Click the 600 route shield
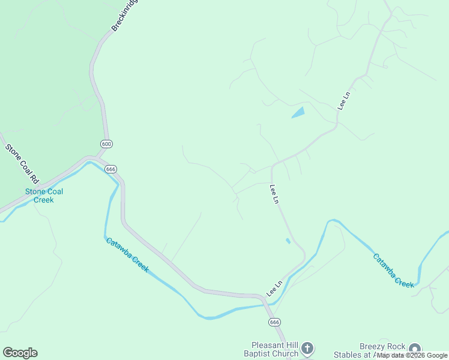coord(106,144)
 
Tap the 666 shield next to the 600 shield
coord(110,169)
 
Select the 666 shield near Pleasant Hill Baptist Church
coord(275,322)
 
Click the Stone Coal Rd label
coord(22,163)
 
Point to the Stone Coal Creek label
coord(44,196)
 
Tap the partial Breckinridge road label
coord(125,16)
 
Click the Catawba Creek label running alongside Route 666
coord(127,255)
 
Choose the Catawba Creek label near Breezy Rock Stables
coord(394,271)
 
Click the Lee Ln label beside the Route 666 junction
coord(275,288)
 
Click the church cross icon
coord(307,348)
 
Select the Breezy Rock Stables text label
coord(382,350)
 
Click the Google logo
coord(20,353)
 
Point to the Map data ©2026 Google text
coord(412,355)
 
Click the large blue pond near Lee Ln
coord(298,112)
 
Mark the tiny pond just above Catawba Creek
coord(288,241)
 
